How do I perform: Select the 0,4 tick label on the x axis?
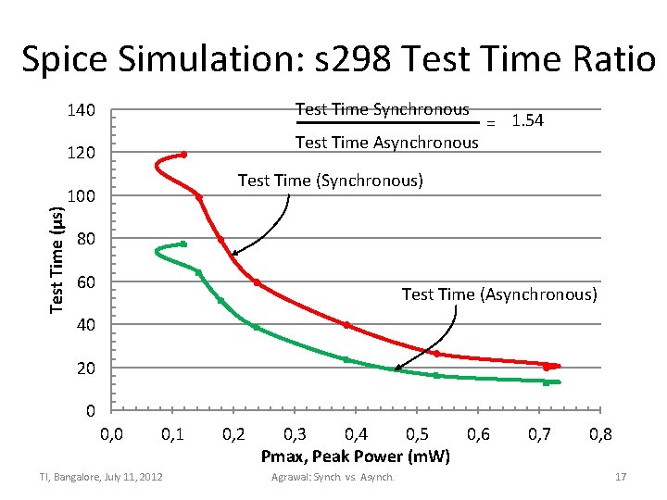[x=355, y=433]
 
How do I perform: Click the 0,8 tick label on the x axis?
[x=599, y=433]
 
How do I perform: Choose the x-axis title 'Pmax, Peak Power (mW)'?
[x=356, y=456]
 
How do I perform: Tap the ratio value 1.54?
[x=527, y=121]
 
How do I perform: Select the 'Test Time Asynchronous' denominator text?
[x=386, y=142]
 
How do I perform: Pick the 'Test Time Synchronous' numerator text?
[x=382, y=109]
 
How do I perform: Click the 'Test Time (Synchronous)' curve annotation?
[x=331, y=180]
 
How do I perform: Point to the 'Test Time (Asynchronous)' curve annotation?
[x=499, y=294]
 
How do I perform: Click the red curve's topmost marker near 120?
[x=183, y=155]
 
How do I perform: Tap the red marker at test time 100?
[x=199, y=196]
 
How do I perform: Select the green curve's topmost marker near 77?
[x=183, y=244]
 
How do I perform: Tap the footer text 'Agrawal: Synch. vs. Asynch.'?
[x=333, y=477]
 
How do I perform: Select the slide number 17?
[x=621, y=477]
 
